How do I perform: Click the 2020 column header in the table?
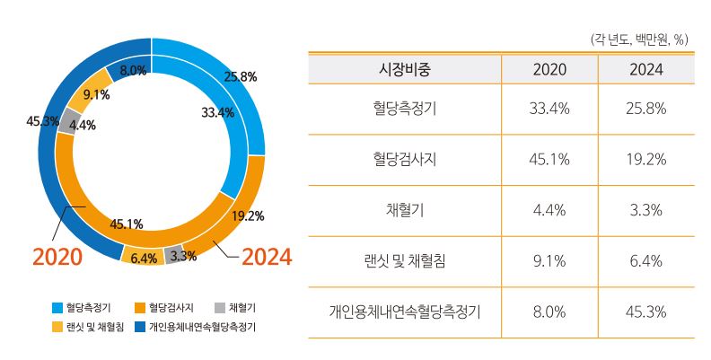[x=549, y=69]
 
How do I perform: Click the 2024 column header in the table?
[x=646, y=69]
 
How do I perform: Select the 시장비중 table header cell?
[x=405, y=69]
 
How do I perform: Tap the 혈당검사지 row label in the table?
[x=405, y=160]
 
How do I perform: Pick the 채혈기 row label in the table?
[x=405, y=211]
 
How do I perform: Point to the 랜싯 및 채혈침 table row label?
[x=405, y=262]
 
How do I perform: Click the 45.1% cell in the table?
[x=549, y=160]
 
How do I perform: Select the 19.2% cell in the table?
[x=646, y=160]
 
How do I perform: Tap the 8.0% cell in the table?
[x=549, y=313]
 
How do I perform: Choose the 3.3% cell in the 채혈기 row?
[x=646, y=211]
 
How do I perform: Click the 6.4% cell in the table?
[x=646, y=262]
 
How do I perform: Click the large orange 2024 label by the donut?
[x=267, y=258]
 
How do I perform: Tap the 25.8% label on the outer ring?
[x=241, y=77]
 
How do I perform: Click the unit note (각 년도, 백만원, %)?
[x=639, y=40]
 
